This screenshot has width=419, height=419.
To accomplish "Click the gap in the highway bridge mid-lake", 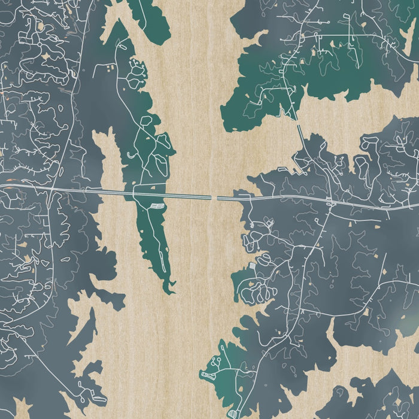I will click(x=214, y=196).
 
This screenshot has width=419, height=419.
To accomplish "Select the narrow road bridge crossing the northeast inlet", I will click(x=299, y=130).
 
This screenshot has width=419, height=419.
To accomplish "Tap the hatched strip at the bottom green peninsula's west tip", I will click(x=207, y=375).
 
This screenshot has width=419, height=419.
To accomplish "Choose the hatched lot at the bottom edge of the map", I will click(x=232, y=414).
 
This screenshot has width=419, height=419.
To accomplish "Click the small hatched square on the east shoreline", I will click(x=251, y=264).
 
